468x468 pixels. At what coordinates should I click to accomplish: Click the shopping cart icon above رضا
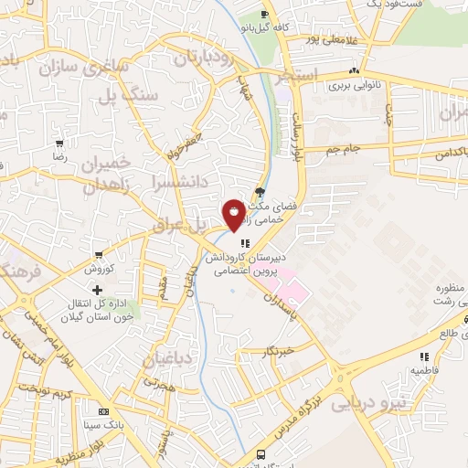[59, 144]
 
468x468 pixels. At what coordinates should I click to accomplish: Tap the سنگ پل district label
[148, 92]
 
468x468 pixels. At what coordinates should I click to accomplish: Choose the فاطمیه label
[421, 370]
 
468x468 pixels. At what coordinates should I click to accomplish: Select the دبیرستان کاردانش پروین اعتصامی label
[245, 264]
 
